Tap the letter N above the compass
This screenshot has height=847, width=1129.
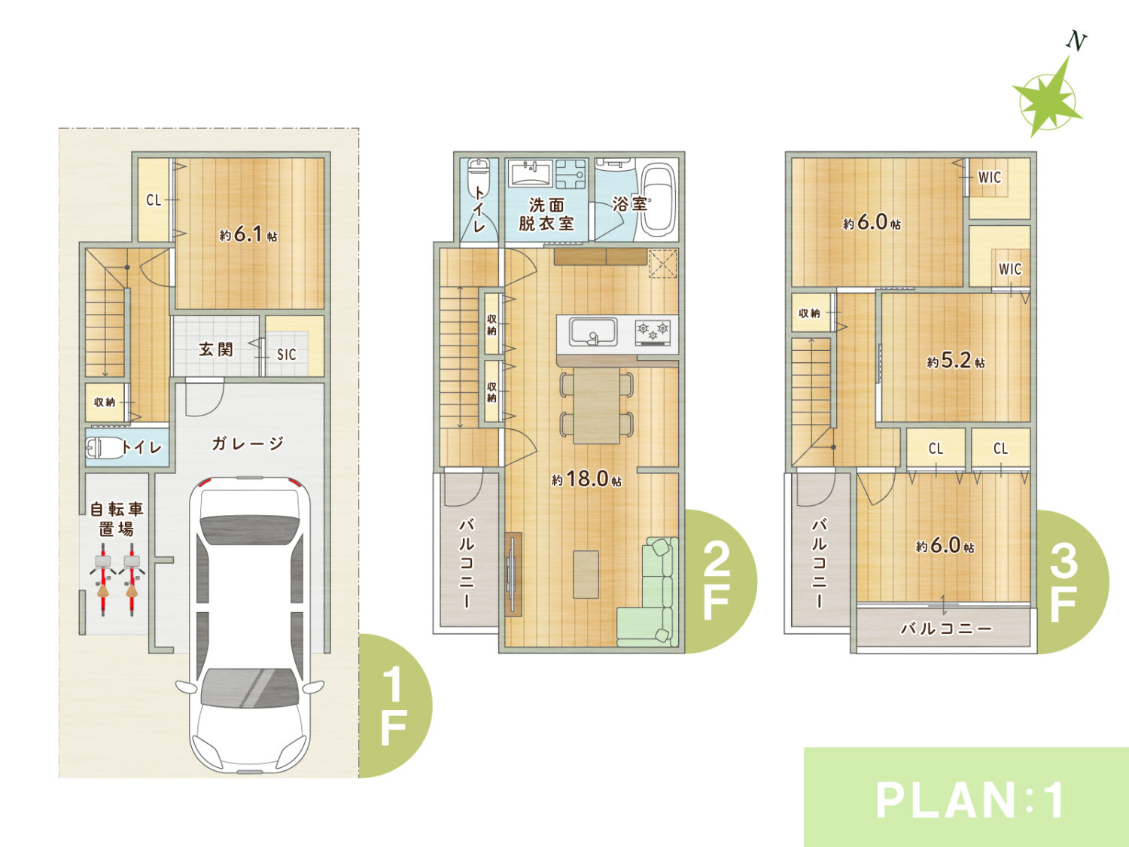pos(1076,41)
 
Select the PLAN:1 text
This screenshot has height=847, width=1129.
pos(969,800)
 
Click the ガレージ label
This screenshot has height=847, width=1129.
pos(248,443)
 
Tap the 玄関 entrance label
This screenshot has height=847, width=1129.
pos(216,349)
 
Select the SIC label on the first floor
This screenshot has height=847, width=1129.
pos(287,355)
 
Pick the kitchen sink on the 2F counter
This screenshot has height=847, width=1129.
pos(592,332)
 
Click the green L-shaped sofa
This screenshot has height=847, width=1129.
pos(648,592)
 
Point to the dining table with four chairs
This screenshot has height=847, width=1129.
pos(597,405)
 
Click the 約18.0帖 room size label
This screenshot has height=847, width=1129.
pos(586,479)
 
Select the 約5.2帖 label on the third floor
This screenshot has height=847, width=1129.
pos(956,361)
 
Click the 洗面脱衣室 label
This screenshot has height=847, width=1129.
pos(546,215)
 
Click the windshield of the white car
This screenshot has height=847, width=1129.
pos(249,687)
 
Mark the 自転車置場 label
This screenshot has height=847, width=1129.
pos(117,519)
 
